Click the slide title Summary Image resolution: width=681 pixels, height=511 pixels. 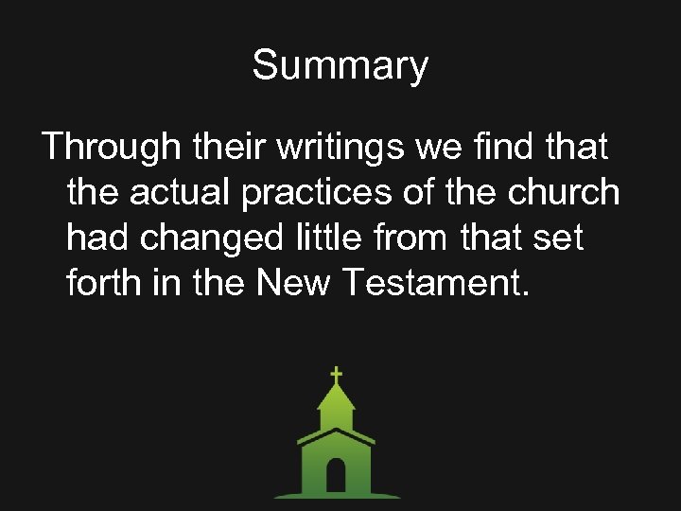click(x=340, y=66)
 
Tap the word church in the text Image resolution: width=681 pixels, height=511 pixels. click(x=564, y=193)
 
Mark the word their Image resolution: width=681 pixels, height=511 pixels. click(x=227, y=148)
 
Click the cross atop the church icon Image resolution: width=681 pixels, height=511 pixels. click(x=336, y=375)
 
